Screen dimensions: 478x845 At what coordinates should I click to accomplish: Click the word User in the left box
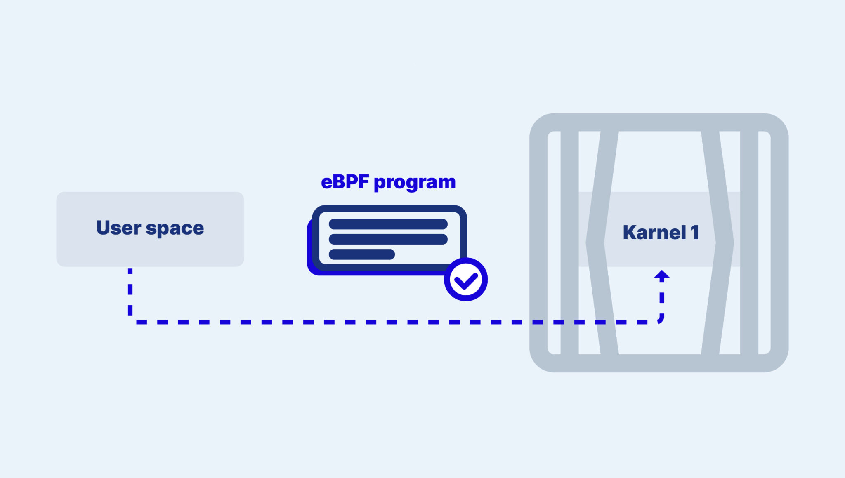coord(118,228)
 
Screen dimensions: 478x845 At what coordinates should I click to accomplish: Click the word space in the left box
coord(175,229)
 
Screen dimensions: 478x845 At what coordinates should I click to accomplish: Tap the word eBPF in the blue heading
coord(345,182)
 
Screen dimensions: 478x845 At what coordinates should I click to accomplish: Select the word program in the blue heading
coord(414,183)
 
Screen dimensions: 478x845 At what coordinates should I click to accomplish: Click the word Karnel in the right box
coord(654,233)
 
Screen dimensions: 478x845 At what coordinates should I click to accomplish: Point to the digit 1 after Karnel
coord(695,232)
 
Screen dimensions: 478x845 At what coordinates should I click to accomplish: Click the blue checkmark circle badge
coord(466,280)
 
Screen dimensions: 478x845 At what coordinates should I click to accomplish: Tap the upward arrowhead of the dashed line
coord(662,275)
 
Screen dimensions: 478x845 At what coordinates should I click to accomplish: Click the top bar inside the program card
coord(388,224)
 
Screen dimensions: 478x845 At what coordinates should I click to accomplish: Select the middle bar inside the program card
coord(388,239)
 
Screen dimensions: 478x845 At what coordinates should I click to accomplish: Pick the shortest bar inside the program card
coord(361,254)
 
